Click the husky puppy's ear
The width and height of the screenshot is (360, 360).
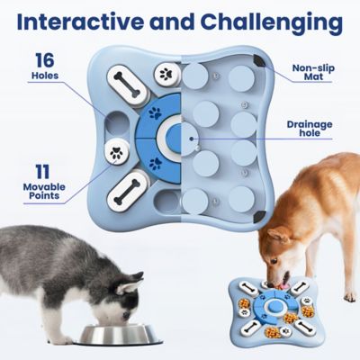(x=130, y=287)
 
